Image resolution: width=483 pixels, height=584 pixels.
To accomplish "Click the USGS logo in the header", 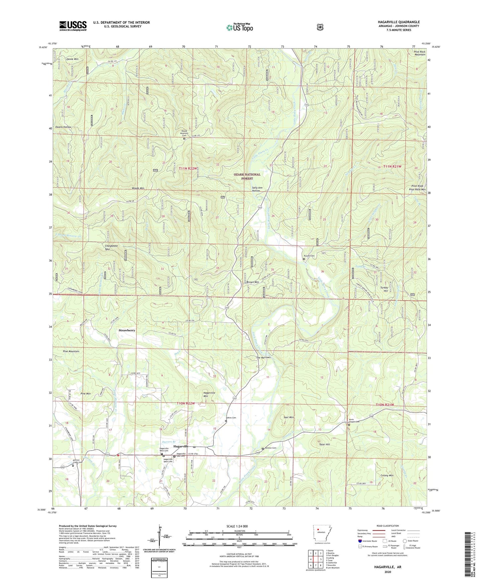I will pos(73,25).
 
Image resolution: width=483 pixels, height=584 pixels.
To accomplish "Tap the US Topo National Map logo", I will pos(240,27).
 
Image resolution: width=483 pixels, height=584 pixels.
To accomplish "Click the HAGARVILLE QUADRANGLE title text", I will pos(398,22).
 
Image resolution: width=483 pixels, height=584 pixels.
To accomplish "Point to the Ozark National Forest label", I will pos(247,176).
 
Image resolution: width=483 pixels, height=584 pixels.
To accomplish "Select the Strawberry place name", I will pos(127,330).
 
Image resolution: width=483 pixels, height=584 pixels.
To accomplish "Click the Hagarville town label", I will pos(180,446).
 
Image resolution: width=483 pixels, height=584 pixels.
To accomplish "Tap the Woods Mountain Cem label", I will pos(184,133).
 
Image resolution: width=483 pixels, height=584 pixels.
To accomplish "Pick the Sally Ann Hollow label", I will pos(257,189).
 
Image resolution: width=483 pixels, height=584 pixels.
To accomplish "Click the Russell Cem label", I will pos(310,256).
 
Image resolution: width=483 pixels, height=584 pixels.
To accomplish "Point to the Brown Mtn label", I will pos(253,282).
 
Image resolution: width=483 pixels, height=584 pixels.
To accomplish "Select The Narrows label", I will pos(263,357).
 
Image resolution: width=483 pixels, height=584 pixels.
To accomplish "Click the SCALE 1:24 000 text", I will pos(237,526).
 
